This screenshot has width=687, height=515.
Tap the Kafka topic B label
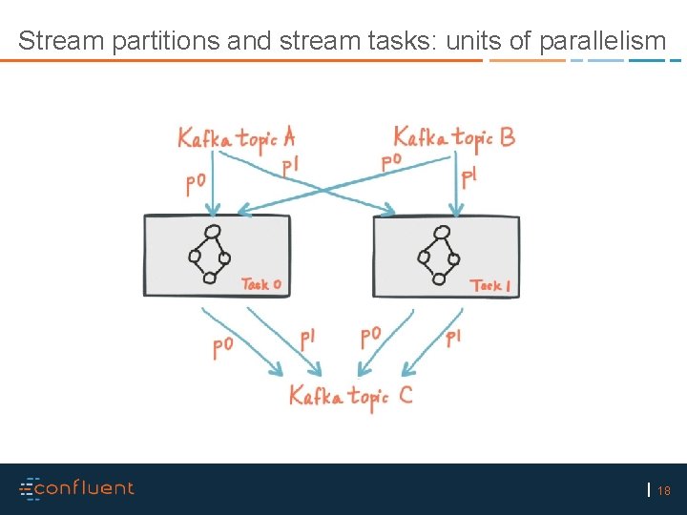(454, 137)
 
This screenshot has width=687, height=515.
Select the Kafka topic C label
(351, 395)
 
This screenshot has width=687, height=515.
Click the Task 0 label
(260, 283)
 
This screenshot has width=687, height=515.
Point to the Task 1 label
(490, 284)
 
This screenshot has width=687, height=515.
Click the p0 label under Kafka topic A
(197, 182)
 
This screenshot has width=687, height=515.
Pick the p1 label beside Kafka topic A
(291, 166)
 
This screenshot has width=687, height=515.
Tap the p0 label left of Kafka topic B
(391, 161)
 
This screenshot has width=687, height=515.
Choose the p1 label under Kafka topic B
(469, 177)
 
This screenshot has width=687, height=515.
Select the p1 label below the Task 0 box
(307, 339)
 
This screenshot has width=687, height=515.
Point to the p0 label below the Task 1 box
(371, 338)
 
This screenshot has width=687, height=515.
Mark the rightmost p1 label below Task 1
(454, 337)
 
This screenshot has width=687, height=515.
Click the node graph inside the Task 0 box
(210, 256)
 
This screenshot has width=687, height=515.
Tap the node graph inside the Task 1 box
(439, 256)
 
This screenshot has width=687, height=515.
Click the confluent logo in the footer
(77, 488)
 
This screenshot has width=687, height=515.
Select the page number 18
(664, 491)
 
